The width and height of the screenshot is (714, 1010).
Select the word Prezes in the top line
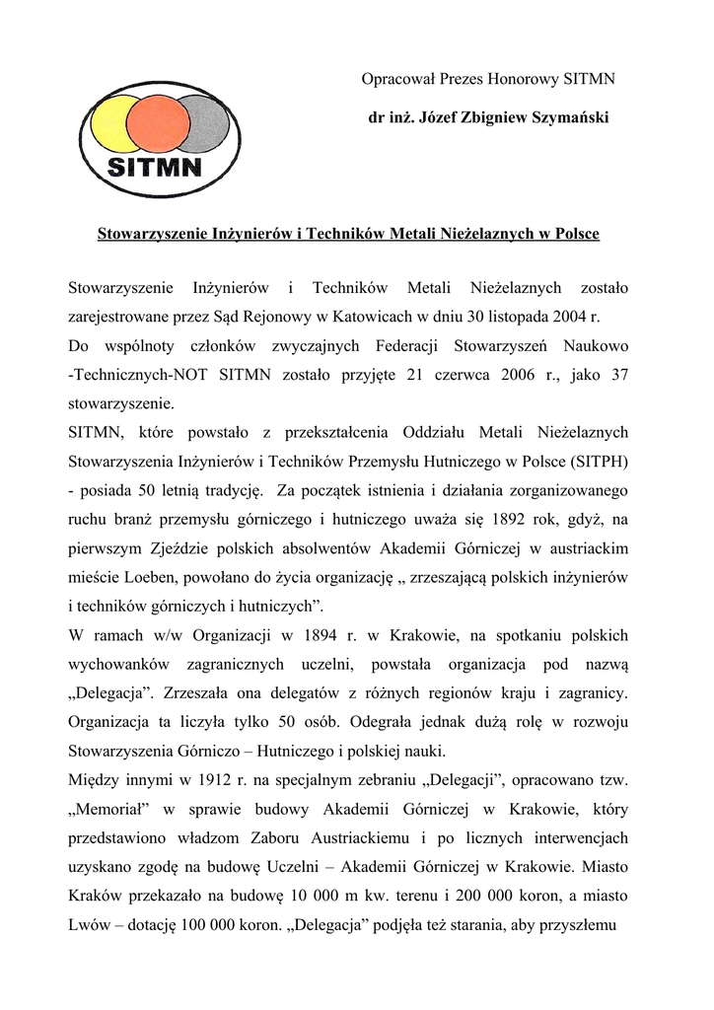click(x=461, y=78)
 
